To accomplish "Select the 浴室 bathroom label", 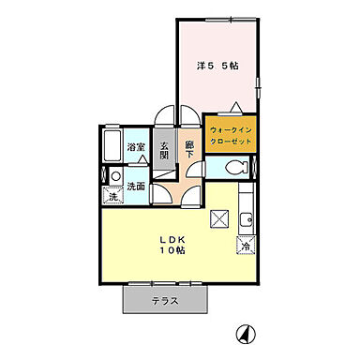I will pyautogui.click(x=136, y=146).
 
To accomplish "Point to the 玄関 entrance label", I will pyautogui.click(x=164, y=151).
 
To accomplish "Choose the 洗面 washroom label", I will pyautogui.click(x=137, y=186).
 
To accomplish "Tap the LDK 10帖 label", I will pyautogui.click(x=171, y=244).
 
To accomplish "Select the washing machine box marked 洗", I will pyautogui.click(x=112, y=197).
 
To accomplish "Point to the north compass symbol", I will pyautogui.click(x=244, y=332).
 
